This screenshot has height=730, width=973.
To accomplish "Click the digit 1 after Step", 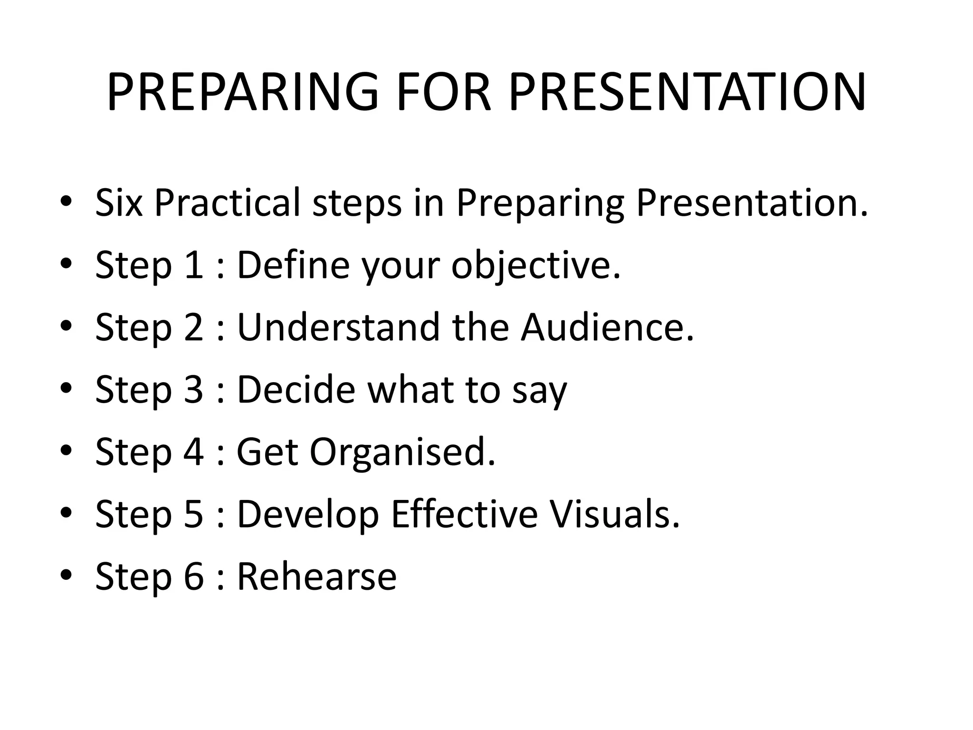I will (193, 265).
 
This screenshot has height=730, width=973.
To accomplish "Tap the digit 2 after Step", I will (193, 327).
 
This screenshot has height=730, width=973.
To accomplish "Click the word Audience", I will (607, 327).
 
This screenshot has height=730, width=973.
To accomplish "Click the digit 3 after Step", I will (193, 390).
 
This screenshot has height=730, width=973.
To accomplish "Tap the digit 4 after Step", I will (193, 452).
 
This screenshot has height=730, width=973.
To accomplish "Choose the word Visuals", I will (614, 514).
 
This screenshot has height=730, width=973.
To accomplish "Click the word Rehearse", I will (316, 576).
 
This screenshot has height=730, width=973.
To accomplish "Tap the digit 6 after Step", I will (193, 576).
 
